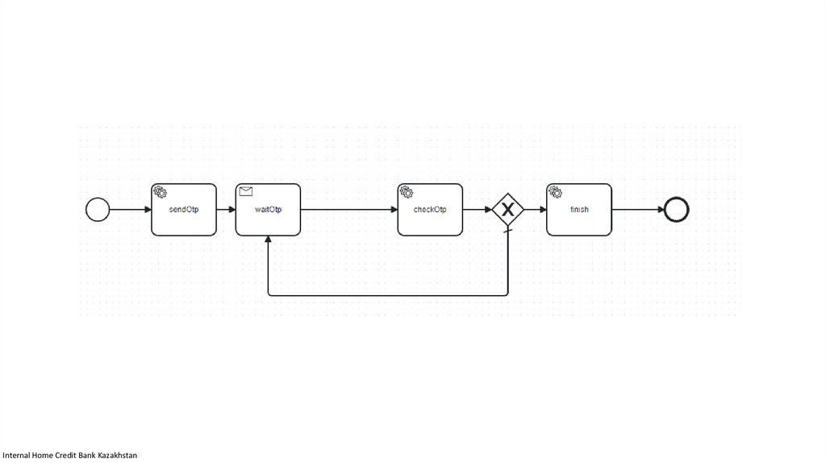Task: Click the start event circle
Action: [x=98, y=210]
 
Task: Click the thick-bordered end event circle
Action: [x=676, y=210]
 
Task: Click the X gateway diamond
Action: [x=508, y=210]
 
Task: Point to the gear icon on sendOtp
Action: [x=160, y=192]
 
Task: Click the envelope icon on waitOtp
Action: [x=246, y=191]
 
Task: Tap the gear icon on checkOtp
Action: [x=407, y=192]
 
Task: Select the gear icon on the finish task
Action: [x=555, y=192]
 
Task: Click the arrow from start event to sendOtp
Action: [x=130, y=210]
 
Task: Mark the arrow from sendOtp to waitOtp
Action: [x=226, y=210]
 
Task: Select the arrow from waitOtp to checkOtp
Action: [x=348, y=210]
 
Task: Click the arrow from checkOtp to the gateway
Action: [x=477, y=210]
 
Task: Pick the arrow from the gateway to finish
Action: [x=535, y=210]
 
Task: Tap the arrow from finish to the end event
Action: [x=637, y=210]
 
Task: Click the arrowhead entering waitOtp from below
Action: [x=268, y=241]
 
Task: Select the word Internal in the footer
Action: [x=16, y=456]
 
